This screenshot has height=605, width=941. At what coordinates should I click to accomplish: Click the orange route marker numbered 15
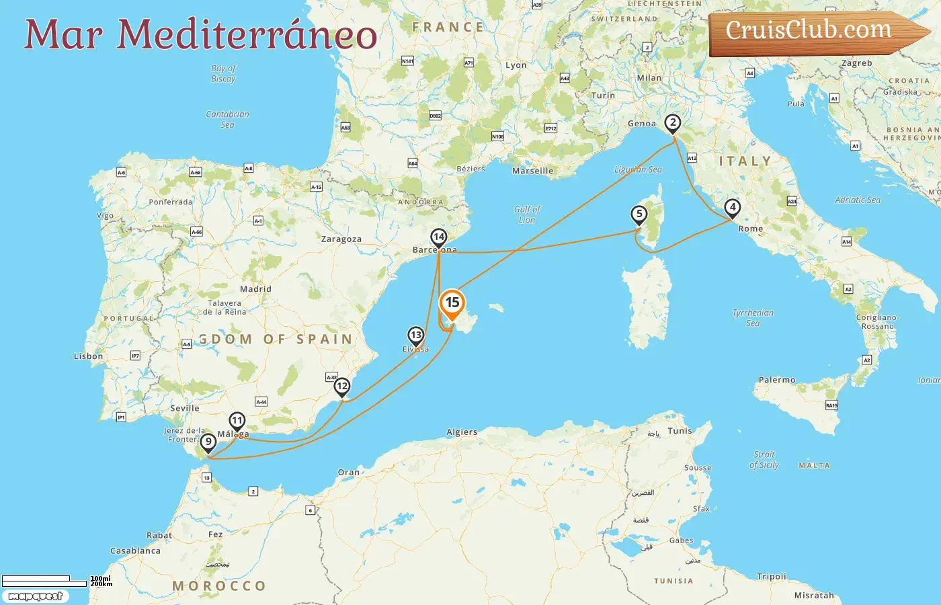pyautogui.click(x=452, y=303)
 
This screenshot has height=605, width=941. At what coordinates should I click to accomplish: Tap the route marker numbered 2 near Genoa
pyautogui.click(x=672, y=123)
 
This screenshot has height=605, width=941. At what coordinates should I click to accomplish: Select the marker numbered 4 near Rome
pyautogui.click(x=733, y=208)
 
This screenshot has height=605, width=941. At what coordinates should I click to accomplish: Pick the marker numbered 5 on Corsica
pyautogui.click(x=639, y=214)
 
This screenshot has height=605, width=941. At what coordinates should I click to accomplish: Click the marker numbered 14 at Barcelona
pyautogui.click(x=439, y=237)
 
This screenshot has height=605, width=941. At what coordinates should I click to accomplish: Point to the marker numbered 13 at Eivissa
pyautogui.click(x=416, y=335)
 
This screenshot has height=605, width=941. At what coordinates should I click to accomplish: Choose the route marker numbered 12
pyautogui.click(x=342, y=387)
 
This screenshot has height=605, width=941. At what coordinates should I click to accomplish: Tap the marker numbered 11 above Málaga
pyautogui.click(x=237, y=421)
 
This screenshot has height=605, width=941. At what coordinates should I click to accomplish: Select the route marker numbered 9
pyautogui.click(x=208, y=442)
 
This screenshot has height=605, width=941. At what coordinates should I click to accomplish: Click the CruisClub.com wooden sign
pyautogui.click(x=813, y=32)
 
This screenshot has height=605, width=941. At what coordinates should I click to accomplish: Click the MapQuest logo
pyautogui.click(x=35, y=596)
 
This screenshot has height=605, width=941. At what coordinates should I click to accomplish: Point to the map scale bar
pyautogui.click(x=44, y=581)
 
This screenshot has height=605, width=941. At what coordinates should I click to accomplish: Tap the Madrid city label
pyautogui.click(x=255, y=289)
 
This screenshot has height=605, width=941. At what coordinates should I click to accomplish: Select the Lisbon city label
pyautogui.click(x=89, y=356)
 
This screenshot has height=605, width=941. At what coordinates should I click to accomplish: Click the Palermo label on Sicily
pyautogui.click(x=777, y=380)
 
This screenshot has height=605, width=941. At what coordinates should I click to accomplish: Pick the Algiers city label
pyautogui.click(x=462, y=432)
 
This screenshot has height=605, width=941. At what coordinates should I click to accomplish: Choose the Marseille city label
pyautogui.click(x=533, y=171)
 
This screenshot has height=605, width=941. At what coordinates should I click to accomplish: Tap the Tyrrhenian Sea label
pyautogui.click(x=753, y=318)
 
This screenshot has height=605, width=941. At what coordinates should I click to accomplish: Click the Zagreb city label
pyautogui.click(x=857, y=63)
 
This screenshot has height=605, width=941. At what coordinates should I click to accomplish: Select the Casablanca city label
pyautogui.click(x=136, y=551)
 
